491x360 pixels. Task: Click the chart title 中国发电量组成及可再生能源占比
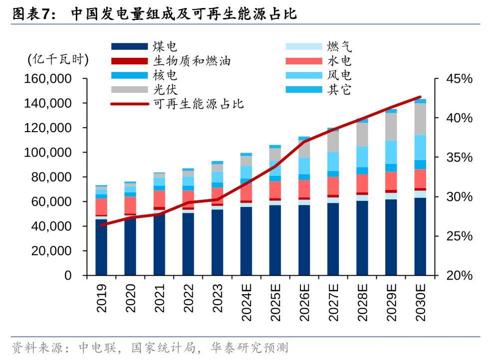click(183, 13)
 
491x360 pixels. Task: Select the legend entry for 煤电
click(165, 47)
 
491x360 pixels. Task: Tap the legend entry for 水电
click(339, 61)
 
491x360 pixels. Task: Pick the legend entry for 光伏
click(165, 90)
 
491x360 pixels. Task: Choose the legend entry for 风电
click(339, 75)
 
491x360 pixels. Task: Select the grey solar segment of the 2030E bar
click(421, 119)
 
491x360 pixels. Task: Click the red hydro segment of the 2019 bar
click(102, 206)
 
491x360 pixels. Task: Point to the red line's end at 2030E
click(420, 97)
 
